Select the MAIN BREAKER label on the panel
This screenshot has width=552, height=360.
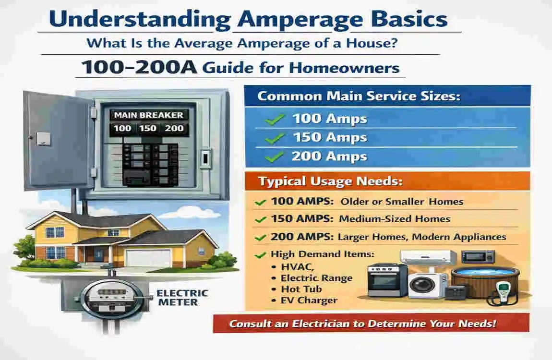(x=148, y=115)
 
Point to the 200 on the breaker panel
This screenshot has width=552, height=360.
(x=174, y=129)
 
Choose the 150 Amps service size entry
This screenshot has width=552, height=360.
(x=329, y=138)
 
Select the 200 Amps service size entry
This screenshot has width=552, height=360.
(x=329, y=156)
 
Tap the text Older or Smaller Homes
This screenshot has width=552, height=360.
(x=402, y=202)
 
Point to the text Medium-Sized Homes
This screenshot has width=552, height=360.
(x=395, y=219)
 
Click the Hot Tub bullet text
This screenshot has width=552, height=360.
(x=301, y=289)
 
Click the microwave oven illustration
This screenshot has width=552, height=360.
(x=478, y=256)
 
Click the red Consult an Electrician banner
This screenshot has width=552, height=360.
(x=371, y=323)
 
